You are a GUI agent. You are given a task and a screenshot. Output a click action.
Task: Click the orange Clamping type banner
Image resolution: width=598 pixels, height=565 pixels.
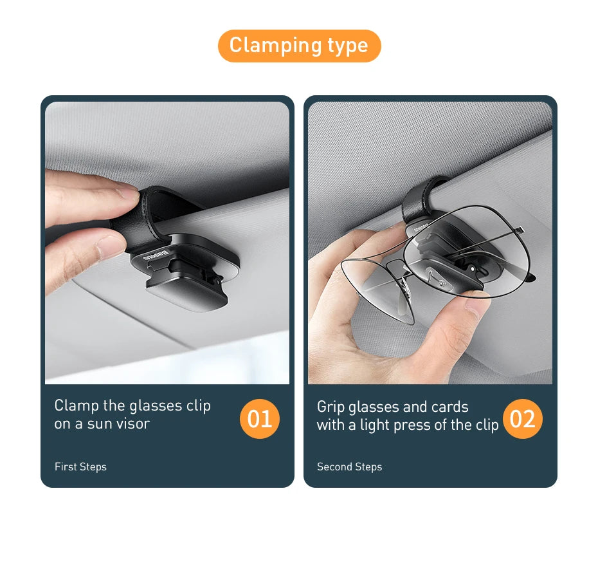tap(299, 46)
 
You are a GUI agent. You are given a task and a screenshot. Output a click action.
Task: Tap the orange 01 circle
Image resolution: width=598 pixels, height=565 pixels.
tap(260, 419)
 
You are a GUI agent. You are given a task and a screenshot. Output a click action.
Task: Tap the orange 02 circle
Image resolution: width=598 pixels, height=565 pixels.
tap(522, 419)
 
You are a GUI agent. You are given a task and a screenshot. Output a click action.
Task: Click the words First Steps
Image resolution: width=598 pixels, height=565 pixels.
tap(80, 467)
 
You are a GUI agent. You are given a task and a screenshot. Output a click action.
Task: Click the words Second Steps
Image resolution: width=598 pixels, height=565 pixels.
tap(349, 467)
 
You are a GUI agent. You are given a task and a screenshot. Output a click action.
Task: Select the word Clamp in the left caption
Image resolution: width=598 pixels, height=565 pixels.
tap(77, 405)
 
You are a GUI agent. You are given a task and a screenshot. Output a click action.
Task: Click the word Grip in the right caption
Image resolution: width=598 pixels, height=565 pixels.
tap(331, 407)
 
